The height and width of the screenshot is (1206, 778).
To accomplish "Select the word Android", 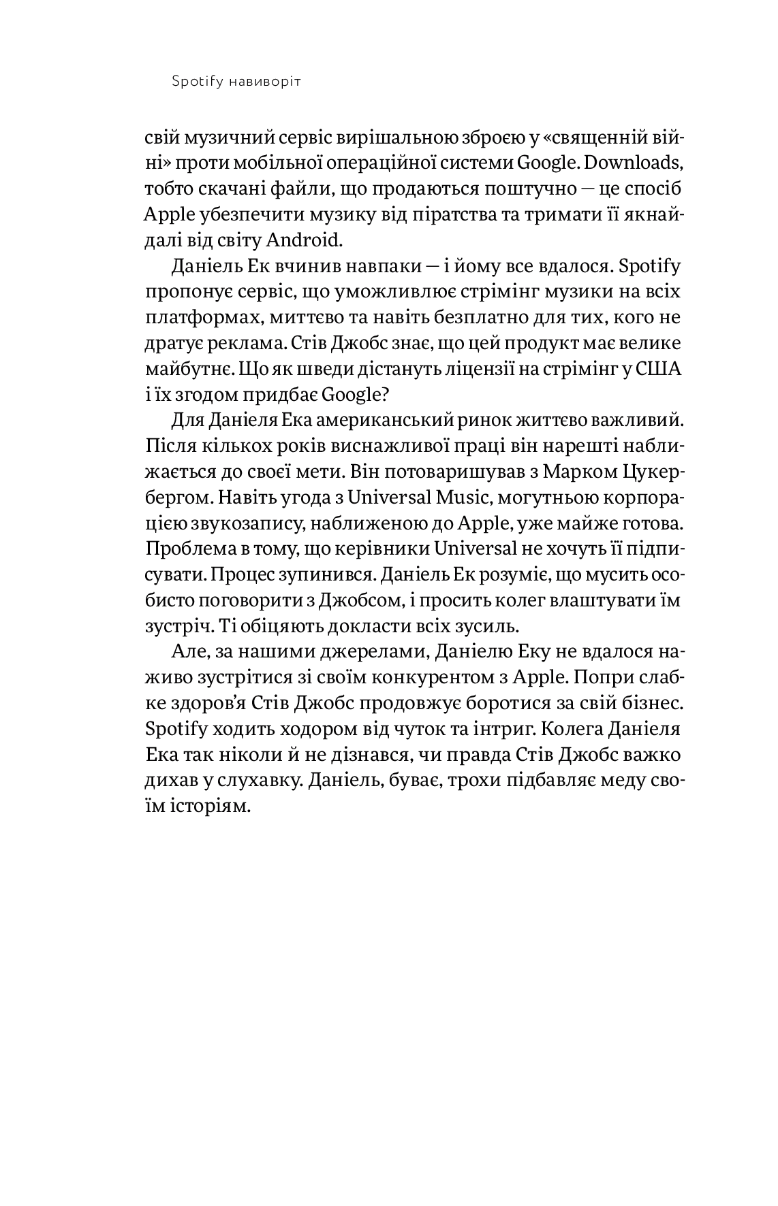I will (304, 240).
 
